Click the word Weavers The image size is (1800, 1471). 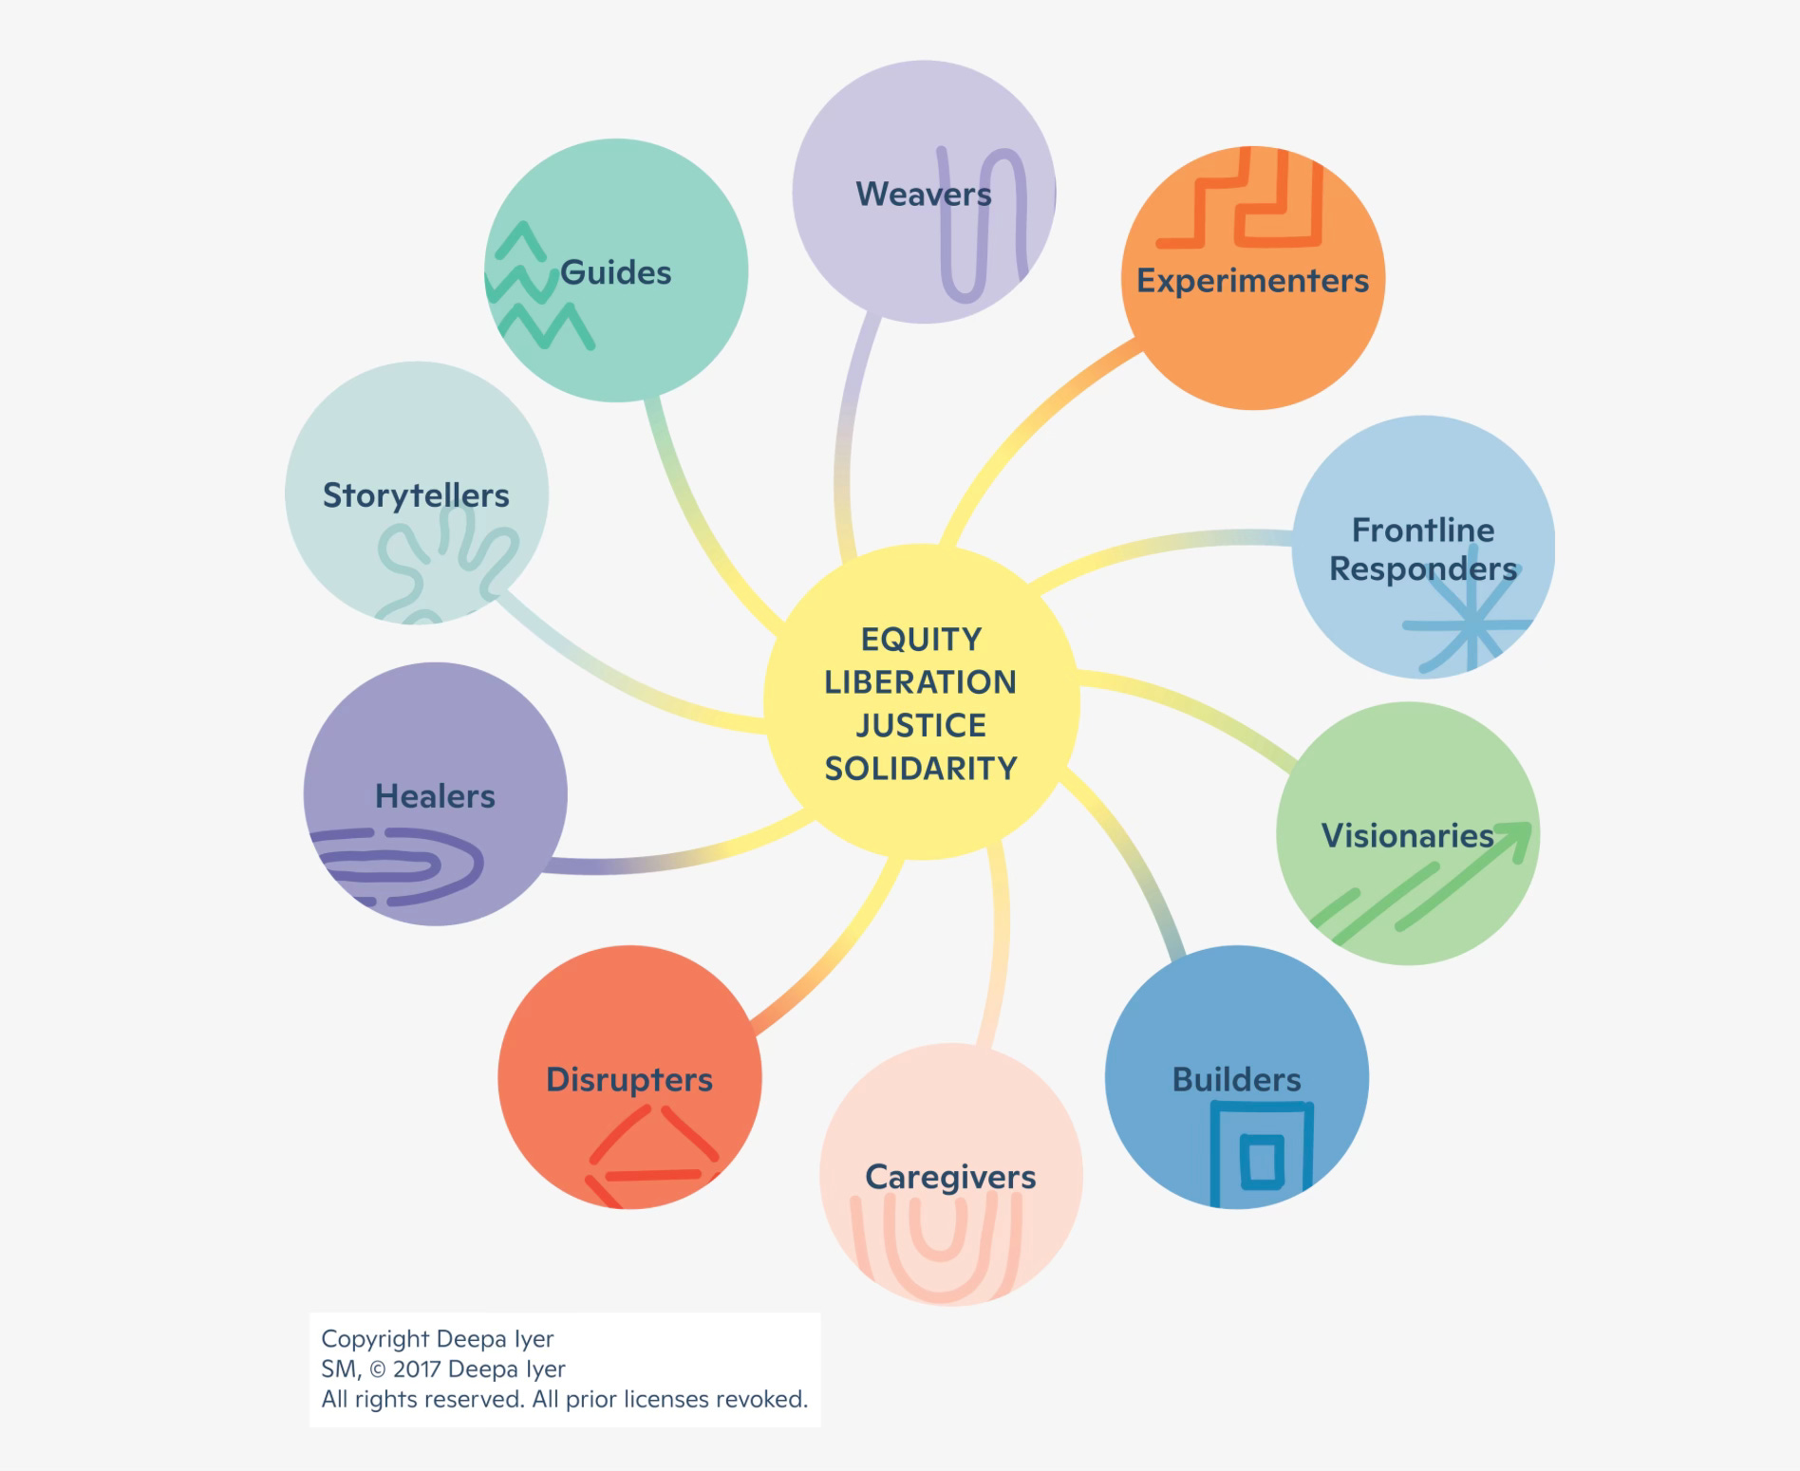923,194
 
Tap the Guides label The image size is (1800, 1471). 615,273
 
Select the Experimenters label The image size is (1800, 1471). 1252,281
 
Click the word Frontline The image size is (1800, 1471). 1422,530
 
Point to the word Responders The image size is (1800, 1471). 1422,568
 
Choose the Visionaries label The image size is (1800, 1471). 1407,835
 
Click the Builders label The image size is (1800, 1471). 1236,1079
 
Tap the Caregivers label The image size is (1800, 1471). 950,1177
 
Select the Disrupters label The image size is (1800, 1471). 628,1079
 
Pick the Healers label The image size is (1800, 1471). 435,795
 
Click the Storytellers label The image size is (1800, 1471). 416,495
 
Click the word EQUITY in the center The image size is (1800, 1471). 921,640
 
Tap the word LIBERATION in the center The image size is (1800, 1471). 920,682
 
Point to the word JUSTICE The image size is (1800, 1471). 921,726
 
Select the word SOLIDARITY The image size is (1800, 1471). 921,769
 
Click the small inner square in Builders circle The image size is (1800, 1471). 1262,1161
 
